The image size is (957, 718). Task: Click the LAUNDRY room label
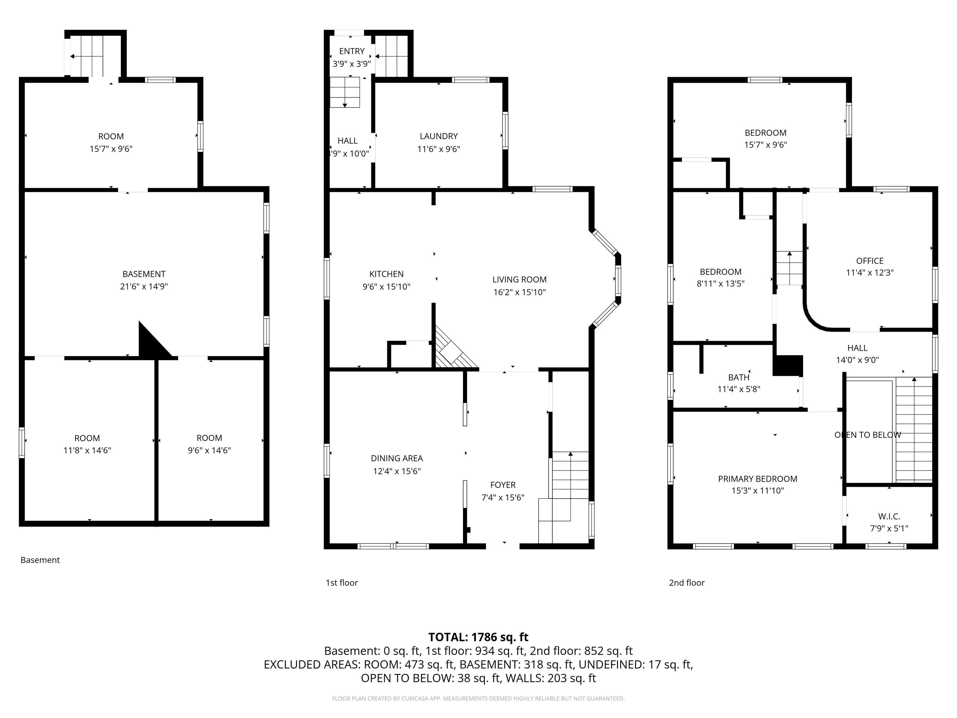(x=438, y=136)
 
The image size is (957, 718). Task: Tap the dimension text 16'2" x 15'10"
(x=519, y=292)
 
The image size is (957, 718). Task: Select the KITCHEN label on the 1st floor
(x=386, y=274)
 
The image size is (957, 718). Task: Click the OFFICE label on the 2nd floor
(x=869, y=261)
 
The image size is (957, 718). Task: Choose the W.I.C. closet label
(x=889, y=516)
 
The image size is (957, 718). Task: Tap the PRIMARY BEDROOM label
(x=758, y=479)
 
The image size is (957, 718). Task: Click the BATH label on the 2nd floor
(x=739, y=377)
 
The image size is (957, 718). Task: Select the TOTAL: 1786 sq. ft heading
(x=478, y=637)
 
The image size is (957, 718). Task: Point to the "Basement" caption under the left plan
(x=40, y=560)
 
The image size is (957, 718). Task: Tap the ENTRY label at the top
(x=352, y=51)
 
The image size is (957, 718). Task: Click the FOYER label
(x=503, y=485)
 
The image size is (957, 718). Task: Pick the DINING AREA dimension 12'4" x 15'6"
(x=397, y=471)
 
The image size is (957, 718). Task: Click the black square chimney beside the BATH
(x=788, y=365)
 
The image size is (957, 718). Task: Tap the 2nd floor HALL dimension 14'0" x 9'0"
(x=857, y=360)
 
